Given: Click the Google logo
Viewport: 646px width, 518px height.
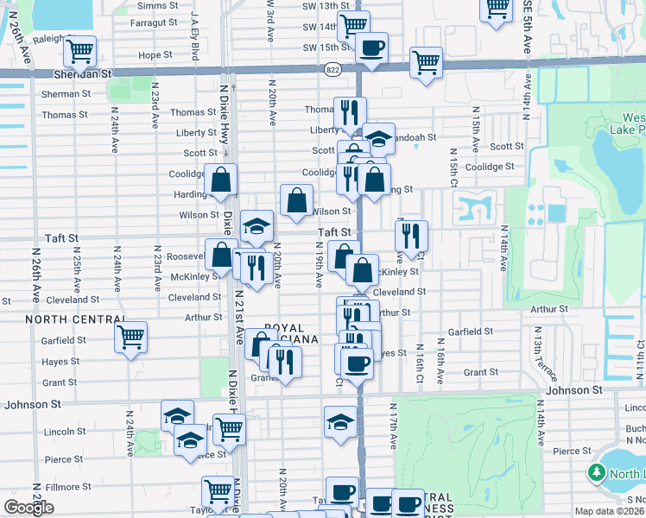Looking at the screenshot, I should pos(28,507).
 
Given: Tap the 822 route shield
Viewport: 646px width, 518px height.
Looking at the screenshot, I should pos(332,68).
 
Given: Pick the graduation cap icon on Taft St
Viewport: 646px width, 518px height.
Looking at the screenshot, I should pos(256,226).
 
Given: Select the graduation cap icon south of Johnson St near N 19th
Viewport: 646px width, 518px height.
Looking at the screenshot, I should pos(340,423).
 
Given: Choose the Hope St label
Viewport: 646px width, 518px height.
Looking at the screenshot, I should pos(156,55).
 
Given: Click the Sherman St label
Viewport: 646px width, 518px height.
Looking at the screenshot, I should pos(60,93).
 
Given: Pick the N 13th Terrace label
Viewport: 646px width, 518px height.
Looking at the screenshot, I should pos(543,355).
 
